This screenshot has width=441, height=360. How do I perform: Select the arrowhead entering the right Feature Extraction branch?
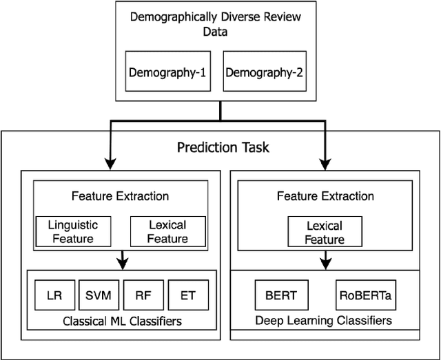323,164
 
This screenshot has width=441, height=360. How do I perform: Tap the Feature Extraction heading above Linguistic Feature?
120,195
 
